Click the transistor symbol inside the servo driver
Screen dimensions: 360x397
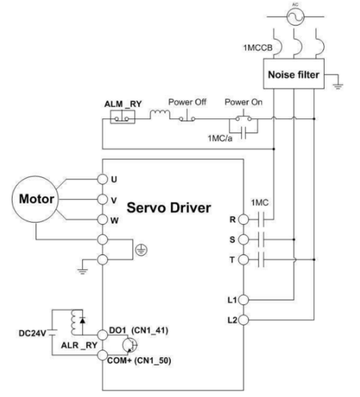tap(130, 345)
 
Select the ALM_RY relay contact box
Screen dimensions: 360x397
tap(123, 117)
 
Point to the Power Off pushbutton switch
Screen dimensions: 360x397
tap(187, 116)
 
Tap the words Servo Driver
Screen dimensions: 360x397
tap(169, 208)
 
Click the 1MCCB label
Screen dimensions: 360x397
tap(258, 47)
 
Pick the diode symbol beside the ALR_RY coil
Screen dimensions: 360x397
tap(82, 320)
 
